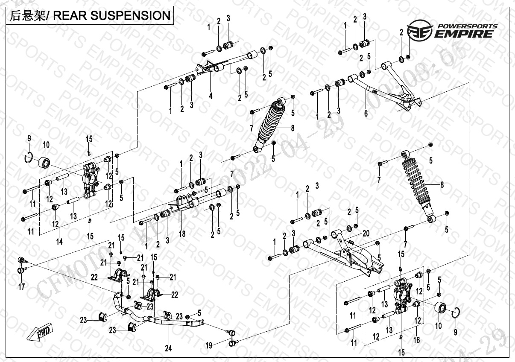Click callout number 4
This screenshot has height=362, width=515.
[211, 96]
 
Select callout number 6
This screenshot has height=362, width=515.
[366, 114]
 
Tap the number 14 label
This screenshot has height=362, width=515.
[59, 242]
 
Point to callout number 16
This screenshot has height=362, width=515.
[417, 340]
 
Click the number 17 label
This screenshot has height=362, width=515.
[21, 287]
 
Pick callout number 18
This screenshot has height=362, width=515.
[182, 234]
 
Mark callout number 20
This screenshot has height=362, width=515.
[366, 233]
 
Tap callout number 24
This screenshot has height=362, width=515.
[168, 349]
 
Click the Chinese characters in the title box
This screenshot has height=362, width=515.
[24, 16]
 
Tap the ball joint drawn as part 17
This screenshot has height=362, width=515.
[21, 265]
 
